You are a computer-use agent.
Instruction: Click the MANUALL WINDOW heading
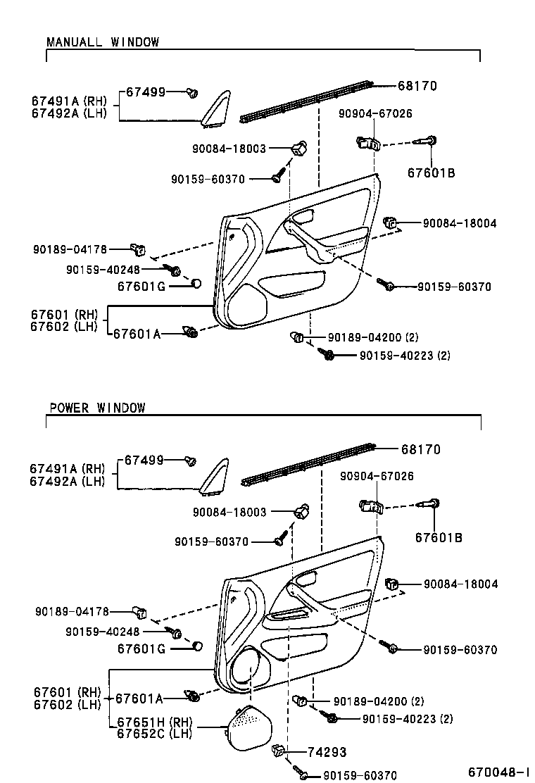point(103,42)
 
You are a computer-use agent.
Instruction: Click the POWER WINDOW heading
point(97,408)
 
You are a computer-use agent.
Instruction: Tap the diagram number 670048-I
point(499,772)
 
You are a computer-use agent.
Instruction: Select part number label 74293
point(326,752)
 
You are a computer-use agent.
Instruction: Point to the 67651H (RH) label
point(154,722)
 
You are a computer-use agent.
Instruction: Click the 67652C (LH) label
point(153,734)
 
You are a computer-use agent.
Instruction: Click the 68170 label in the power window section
point(421,449)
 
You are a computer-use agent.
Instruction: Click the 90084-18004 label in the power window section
point(460,584)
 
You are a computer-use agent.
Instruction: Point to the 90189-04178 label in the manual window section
point(70,249)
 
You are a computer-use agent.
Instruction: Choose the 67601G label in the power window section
point(141,648)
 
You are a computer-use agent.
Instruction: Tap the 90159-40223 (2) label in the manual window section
point(405,356)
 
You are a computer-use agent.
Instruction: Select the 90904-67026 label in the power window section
point(377,477)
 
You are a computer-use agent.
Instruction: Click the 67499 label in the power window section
point(144,460)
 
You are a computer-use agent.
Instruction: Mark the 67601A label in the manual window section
point(137,334)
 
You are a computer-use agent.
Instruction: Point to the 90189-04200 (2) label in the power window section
point(379,701)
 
